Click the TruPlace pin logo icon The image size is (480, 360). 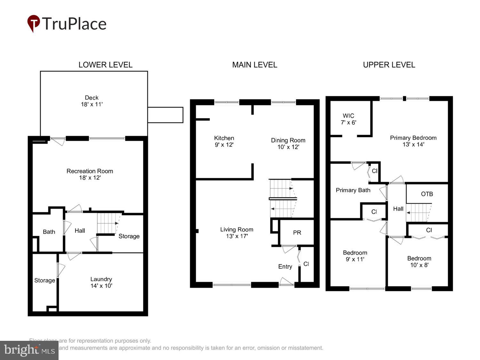[33, 23]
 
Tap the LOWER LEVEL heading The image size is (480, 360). [105, 65]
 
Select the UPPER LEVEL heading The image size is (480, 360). [389, 65]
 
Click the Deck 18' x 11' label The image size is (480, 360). [92, 101]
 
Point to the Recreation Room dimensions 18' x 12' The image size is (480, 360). [90, 178]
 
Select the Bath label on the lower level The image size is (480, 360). [49, 232]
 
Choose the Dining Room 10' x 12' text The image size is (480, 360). [288, 144]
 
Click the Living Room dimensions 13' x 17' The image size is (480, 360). [237, 236]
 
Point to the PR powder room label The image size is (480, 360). [297, 233]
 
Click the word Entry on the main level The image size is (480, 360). [285, 267]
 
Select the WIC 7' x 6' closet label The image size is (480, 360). [348, 119]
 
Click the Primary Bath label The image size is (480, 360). [353, 190]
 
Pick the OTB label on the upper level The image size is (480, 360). [427, 194]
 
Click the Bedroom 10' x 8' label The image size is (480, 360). [419, 261]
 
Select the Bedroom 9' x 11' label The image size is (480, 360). [355, 256]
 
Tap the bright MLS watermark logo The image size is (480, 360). [29, 350]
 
